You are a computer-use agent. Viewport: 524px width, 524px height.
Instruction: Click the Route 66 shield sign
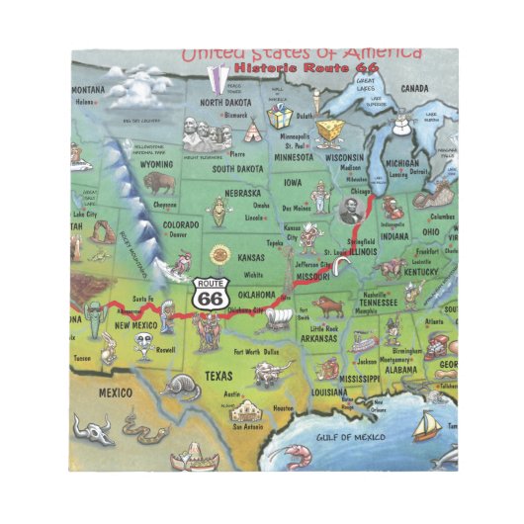209,292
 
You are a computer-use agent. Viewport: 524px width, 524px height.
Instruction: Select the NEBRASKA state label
242,193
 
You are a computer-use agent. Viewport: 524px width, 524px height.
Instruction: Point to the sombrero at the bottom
188,457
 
